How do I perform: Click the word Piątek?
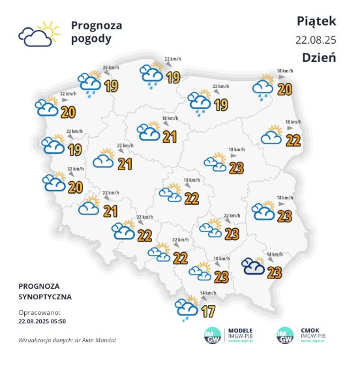[316, 21]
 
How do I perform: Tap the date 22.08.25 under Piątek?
[316, 40]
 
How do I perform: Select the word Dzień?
[319, 57]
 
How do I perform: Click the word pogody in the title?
[91, 38]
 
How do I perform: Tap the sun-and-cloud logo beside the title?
[36, 34]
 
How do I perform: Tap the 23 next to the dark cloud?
[274, 273]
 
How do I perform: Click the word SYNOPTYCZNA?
[46, 297]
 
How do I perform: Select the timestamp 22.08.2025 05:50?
[42, 321]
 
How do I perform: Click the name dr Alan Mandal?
[97, 340]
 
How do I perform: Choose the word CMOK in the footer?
[306, 331]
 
